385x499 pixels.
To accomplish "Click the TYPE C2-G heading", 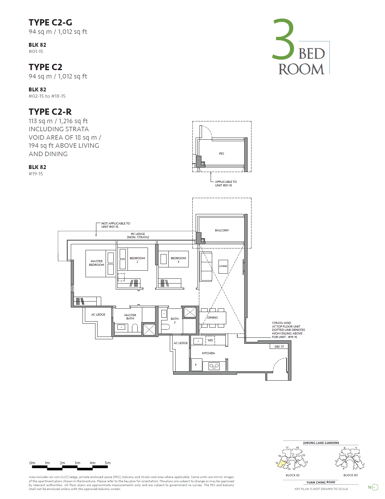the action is point(50,22).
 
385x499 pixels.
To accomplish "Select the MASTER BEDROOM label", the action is point(97,263).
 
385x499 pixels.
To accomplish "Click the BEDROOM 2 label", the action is point(137,260).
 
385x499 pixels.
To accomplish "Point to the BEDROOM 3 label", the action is point(178,260).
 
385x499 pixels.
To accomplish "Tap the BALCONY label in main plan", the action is point(222,230).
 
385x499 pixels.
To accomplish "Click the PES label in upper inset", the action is point(221,154).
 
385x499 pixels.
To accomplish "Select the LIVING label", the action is point(223,266).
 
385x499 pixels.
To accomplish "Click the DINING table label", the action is point(212,318).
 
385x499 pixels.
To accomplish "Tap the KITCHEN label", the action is point(208,353).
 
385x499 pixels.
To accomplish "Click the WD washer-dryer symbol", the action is point(210,340).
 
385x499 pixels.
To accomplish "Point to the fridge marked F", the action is point(196,365).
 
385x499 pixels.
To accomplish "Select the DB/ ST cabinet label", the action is point(279,346).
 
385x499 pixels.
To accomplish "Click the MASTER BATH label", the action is point(130,317).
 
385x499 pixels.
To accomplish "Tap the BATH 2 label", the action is point(175,320).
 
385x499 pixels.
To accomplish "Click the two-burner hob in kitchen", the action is point(214,366).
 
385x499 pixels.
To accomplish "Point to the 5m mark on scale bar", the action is point(108,463).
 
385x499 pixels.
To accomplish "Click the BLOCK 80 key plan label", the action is point(350,475).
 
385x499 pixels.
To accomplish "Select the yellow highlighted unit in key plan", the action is point(282,464).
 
